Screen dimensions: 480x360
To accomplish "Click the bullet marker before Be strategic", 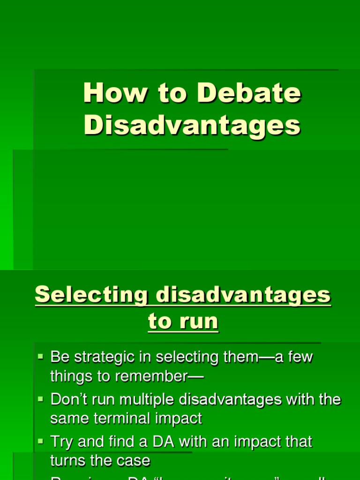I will [x=40, y=357].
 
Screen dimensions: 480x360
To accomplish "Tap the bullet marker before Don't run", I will [x=40, y=399].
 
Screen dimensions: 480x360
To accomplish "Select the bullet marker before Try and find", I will [x=40, y=442].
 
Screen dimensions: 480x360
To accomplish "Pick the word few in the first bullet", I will [x=300, y=357].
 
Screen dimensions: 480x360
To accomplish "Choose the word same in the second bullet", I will [x=69, y=418].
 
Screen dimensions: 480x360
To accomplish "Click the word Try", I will [x=61, y=442].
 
